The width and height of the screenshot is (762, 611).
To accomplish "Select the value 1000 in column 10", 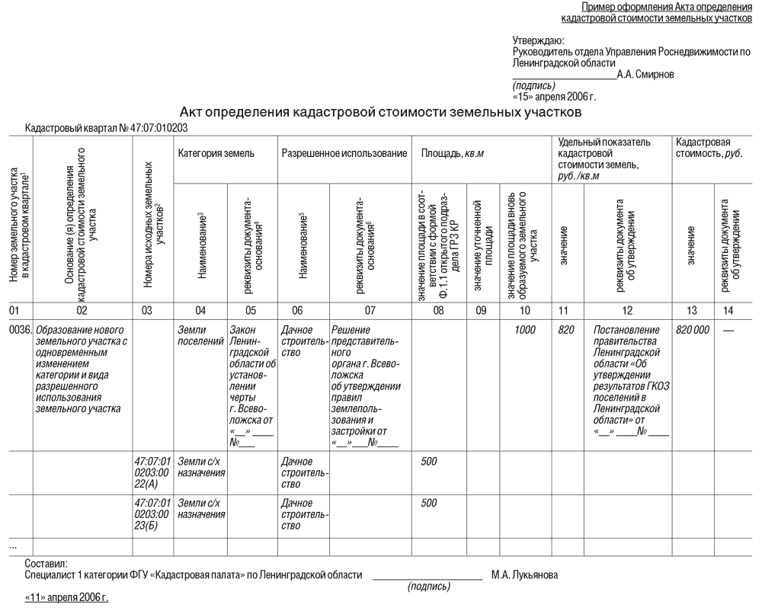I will [x=523, y=331].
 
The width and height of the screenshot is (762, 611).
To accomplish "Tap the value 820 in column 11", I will [x=565, y=331].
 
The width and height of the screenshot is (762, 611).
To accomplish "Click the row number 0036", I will [x=19, y=331].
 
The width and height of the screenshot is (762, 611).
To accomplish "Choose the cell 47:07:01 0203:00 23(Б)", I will [x=152, y=514].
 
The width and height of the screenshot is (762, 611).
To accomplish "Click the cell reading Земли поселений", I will [x=197, y=336].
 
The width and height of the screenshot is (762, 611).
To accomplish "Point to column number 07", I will [x=370, y=310].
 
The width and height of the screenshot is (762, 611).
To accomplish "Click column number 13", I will [x=691, y=310].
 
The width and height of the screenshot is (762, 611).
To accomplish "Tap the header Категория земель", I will [x=216, y=153].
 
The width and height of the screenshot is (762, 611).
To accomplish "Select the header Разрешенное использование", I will [x=344, y=153].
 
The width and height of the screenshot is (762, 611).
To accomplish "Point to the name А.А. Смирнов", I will [x=645, y=74].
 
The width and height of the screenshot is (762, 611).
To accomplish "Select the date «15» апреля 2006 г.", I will [x=555, y=96].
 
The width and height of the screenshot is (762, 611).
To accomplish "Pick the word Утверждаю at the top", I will [x=538, y=40].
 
